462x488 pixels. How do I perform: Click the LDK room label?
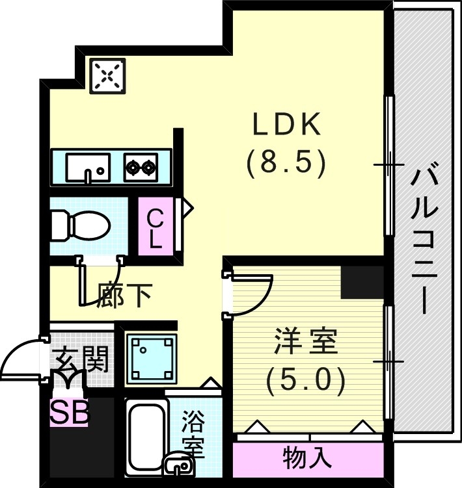287,125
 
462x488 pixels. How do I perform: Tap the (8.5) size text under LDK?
286,164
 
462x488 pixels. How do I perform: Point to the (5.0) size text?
305,381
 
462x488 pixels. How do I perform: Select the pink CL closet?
155,227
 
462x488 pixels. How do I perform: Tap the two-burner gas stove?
141,168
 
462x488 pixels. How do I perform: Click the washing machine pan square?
152,358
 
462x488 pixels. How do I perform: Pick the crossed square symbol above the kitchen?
107,76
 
